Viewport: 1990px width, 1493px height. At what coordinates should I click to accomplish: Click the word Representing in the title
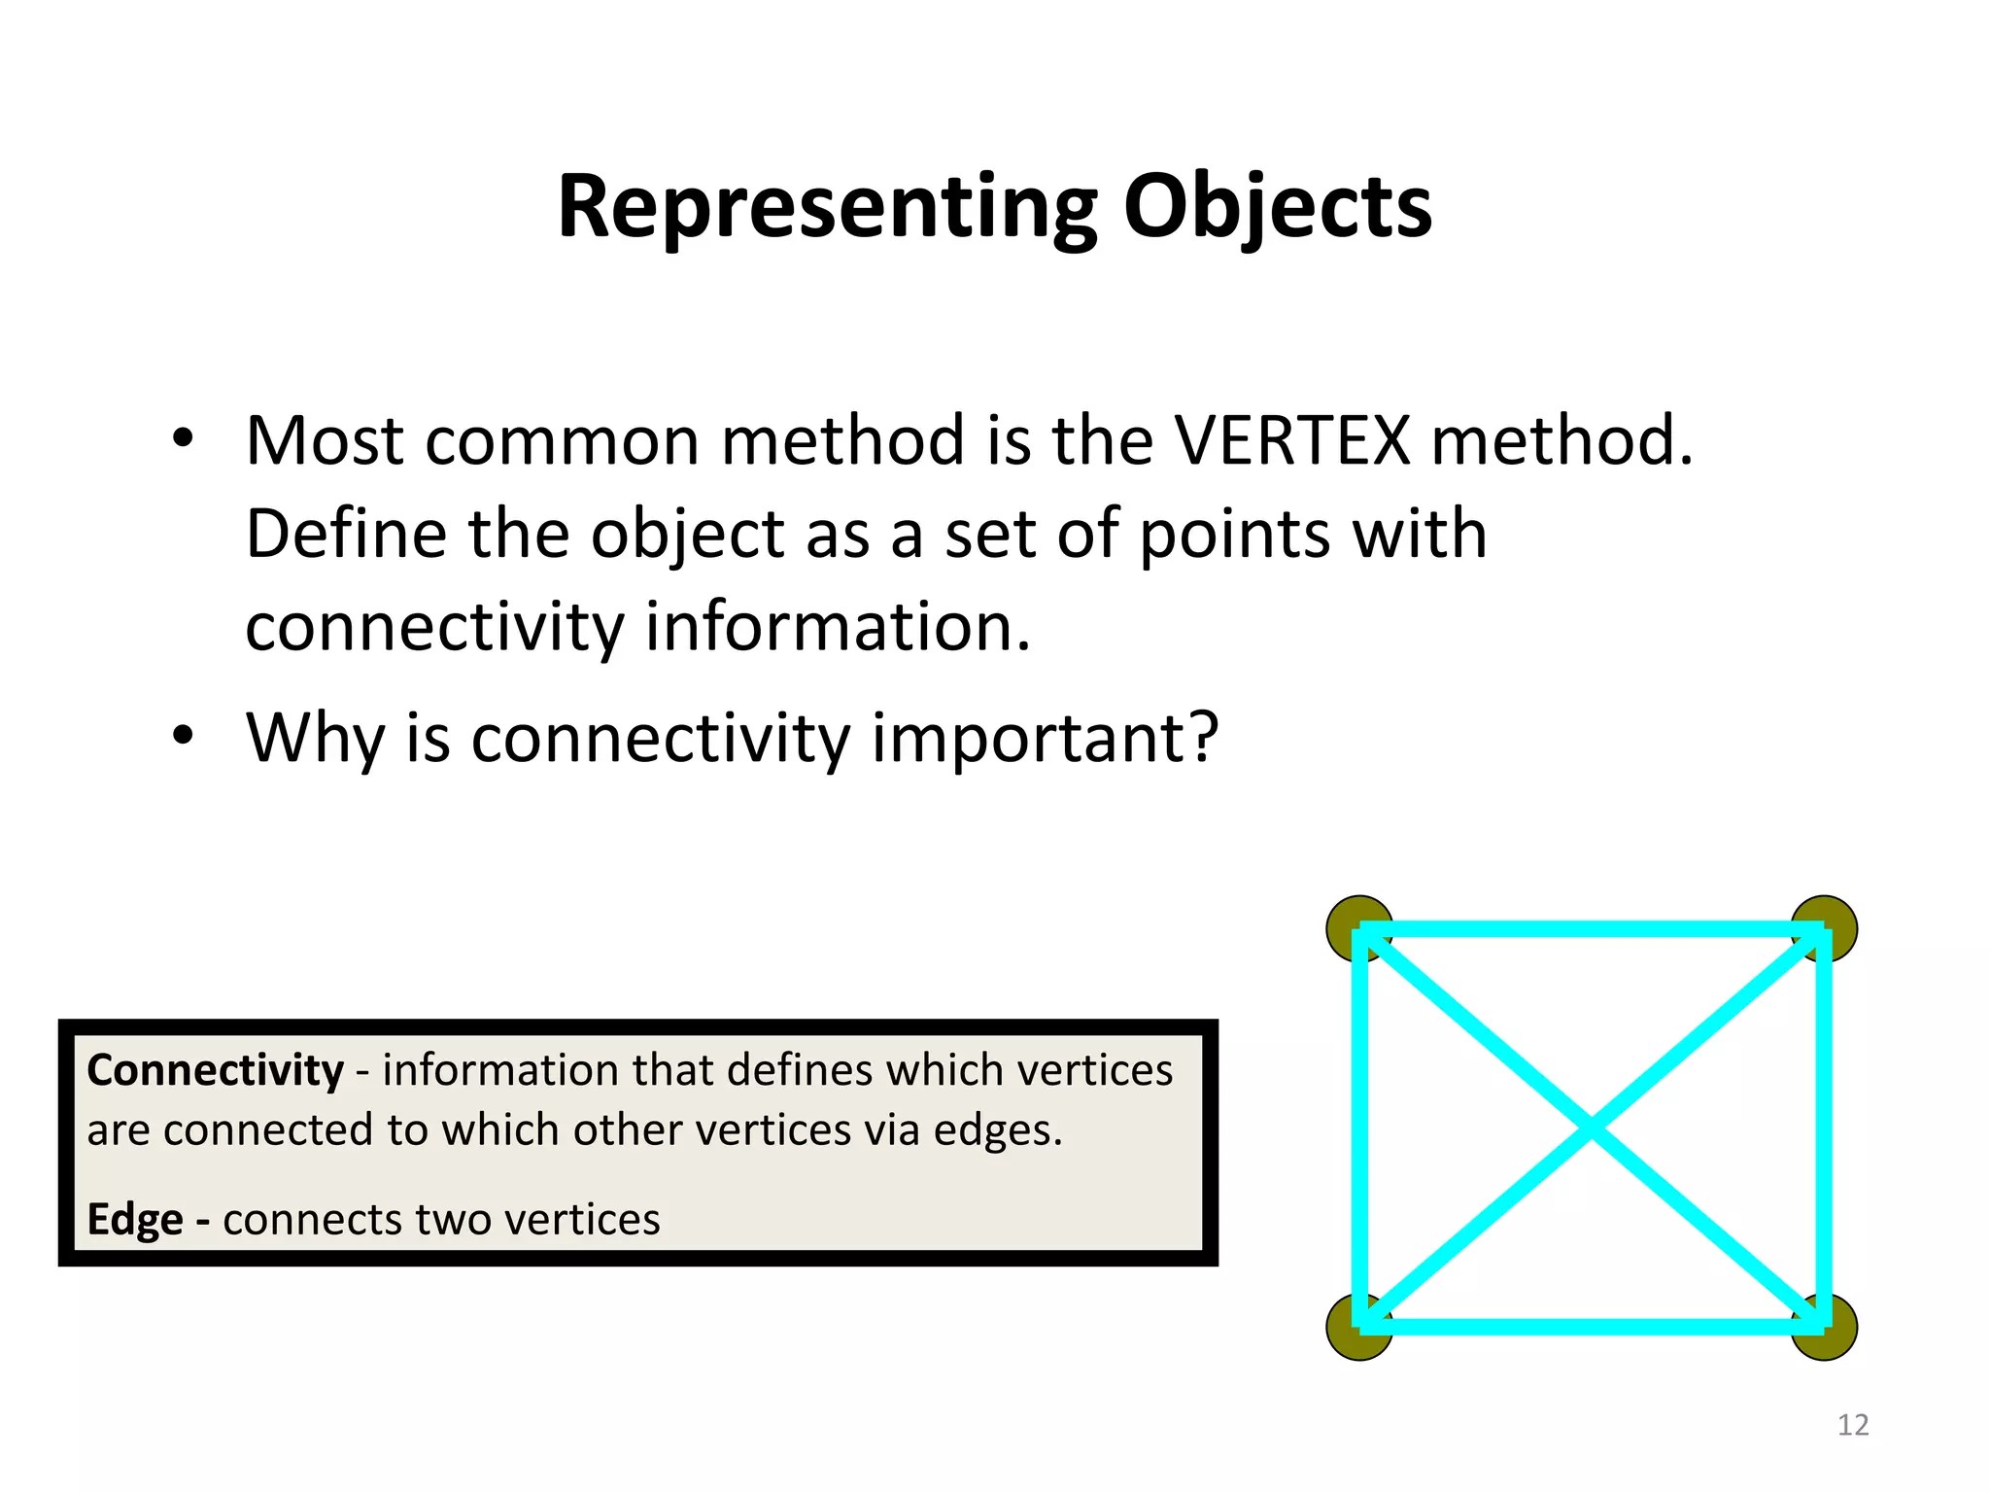(827, 207)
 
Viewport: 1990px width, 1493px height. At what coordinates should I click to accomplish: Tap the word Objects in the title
(1277, 207)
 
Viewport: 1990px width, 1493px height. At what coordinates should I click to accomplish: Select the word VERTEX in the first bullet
(1292, 440)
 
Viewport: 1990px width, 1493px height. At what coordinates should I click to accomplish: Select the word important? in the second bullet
(1045, 738)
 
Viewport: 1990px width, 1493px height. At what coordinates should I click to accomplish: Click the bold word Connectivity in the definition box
(215, 1070)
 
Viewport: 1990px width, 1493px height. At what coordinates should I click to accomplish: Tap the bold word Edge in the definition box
(134, 1220)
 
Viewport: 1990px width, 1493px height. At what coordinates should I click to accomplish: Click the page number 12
(1853, 1425)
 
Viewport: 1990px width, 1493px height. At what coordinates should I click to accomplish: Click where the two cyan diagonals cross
(1592, 1128)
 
